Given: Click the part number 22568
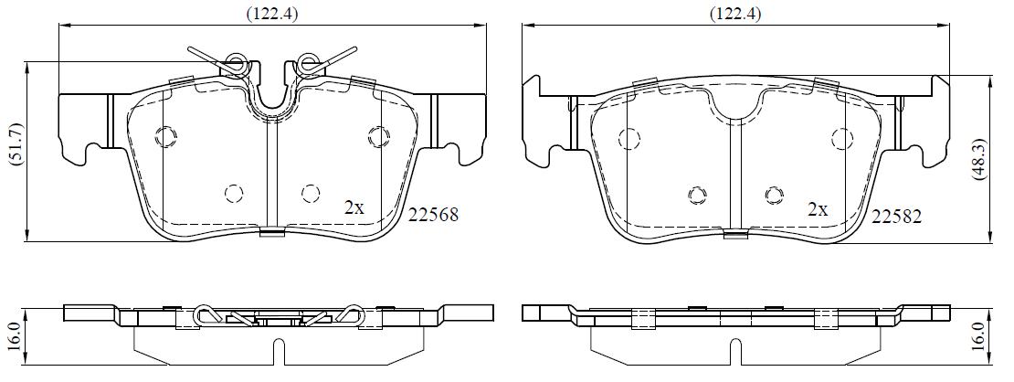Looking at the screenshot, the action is [x=433, y=215].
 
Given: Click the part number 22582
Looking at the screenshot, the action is [x=896, y=217].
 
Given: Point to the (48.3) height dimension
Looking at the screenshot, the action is [x=980, y=159].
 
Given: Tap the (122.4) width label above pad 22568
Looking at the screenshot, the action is [x=271, y=14].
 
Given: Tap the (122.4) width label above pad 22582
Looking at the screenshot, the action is [x=734, y=14].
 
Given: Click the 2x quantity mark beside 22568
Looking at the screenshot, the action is [x=354, y=207].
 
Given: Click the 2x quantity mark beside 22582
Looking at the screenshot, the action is [x=819, y=209].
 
